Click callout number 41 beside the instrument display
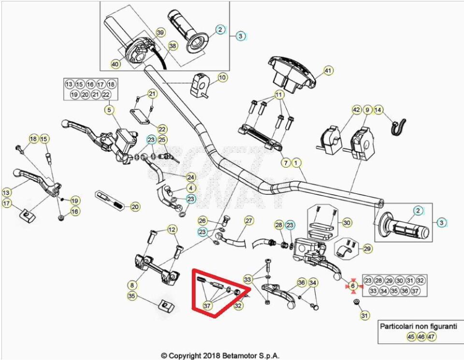pyautogui.click(x=328, y=71)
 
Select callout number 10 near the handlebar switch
pyautogui.click(x=222, y=77)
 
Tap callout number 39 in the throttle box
pyautogui.click(x=160, y=32)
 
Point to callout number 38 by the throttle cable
pyautogui.click(x=173, y=46)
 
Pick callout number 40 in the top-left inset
pyautogui.click(x=116, y=64)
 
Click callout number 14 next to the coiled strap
pyautogui.click(x=378, y=110)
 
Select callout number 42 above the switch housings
pyautogui.click(x=357, y=110)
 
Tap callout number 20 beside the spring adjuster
pyautogui.click(x=135, y=206)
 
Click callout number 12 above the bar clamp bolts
pyautogui.click(x=172, y=229)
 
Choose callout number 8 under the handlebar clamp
pyautogui.click(x=132, y=285)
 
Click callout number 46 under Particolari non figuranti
pyautogui.click(x=421, y=337)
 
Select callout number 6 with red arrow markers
pyautogui.click(x=353, y=286)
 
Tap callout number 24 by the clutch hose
pyautogui.click(x=191, y=177)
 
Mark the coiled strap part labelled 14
pyautogui.click(x=399, y=127)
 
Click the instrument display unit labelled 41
pyautogui.click(x=291, y=73)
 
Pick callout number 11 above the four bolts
pyautogui.click(x=279, y=95)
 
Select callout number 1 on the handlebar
pyautogui.click(x=296, y=162)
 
